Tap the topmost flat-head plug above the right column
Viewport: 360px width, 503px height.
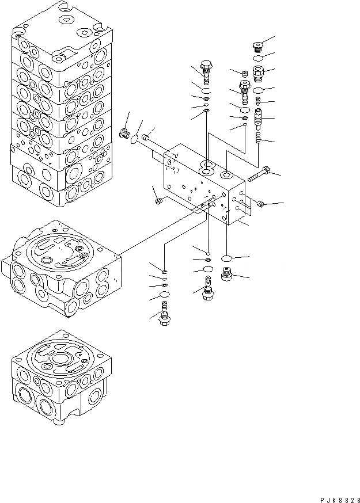tap(259, 46)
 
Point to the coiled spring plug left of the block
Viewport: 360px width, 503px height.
tap(123, 135)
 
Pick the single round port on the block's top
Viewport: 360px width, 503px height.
tap(226, 174)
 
